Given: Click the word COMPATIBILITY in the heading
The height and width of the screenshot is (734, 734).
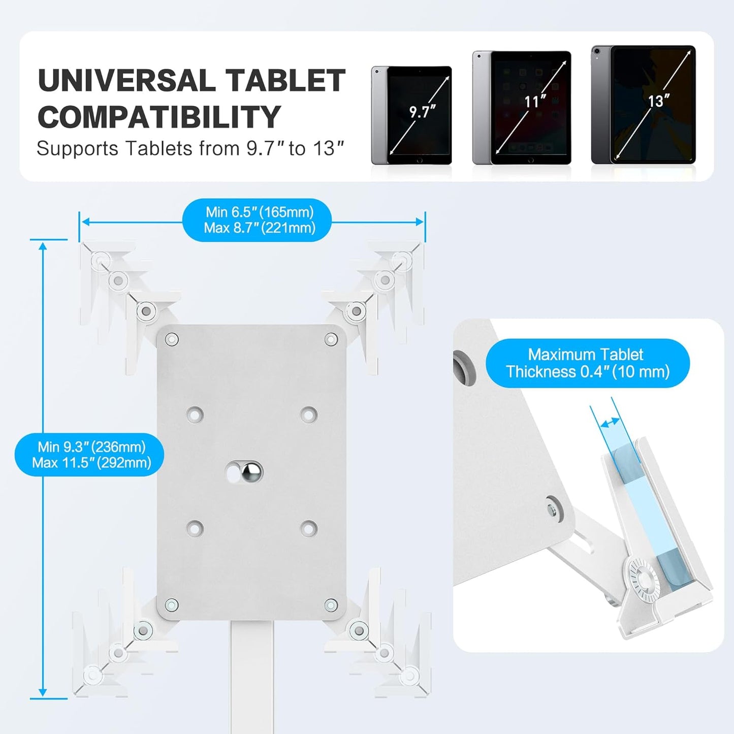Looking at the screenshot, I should [x=159, y=117].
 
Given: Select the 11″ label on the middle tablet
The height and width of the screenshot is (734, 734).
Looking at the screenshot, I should [x=535, y=102].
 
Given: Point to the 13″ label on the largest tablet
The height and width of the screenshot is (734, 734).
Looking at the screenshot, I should [x=658, y=101].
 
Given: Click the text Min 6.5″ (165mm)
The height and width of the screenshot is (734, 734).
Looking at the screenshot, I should [x=260, y=212].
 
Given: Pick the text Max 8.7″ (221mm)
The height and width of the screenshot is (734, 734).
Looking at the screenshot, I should [x=260, y=228].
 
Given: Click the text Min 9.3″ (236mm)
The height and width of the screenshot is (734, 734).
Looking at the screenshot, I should [x=91, y=446].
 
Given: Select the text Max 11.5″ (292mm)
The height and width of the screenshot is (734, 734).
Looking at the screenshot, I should [x=91, y=463].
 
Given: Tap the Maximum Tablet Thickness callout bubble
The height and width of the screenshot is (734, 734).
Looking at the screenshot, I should [x=587, y=363].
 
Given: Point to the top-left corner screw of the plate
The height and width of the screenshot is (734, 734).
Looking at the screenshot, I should [x=172, y=339].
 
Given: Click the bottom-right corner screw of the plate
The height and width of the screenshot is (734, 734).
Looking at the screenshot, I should [x=331, y=605].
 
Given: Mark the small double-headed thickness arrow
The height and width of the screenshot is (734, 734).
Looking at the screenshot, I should [x=610, y=422].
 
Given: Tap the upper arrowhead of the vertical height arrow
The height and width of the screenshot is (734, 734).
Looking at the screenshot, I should [x=43, y=246].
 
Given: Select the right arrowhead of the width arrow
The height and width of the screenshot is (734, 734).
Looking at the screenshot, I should [x=420, y=222].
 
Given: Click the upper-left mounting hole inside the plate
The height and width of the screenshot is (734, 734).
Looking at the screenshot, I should [x=195, y=414].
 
